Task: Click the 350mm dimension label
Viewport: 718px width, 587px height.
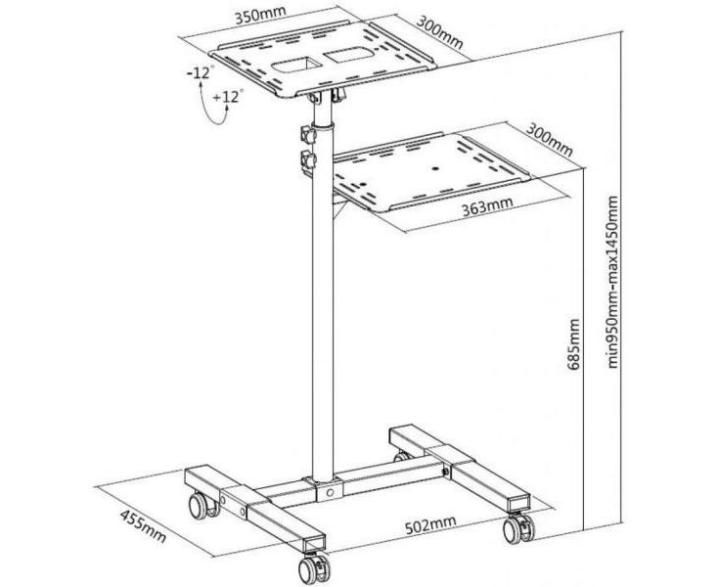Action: [259, 16]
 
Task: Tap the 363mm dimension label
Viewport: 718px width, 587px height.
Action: [487, 205]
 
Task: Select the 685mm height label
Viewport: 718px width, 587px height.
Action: [573, 343]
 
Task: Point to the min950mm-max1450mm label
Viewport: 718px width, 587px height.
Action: [612, 282]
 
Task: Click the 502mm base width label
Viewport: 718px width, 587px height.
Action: [430, 524]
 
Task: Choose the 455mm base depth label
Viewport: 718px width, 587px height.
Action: [143, 526]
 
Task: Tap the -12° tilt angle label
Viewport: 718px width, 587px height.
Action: [201, 72]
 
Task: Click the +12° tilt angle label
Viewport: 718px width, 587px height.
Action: [228, 97]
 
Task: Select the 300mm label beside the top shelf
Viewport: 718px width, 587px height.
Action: [439, 33]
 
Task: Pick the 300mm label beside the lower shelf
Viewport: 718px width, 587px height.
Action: [549, 140]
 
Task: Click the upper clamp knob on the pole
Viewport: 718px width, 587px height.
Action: [308, 135]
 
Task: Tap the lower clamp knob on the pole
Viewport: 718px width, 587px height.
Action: [308, 159]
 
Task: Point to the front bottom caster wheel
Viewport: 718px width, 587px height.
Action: [314, 568]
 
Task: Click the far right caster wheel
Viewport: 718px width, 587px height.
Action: [518, 529]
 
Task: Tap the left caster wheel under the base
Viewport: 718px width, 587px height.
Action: [202, 505]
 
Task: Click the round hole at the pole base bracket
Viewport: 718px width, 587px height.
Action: [330, 493]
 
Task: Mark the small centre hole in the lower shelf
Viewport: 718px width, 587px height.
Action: [435, 168]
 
